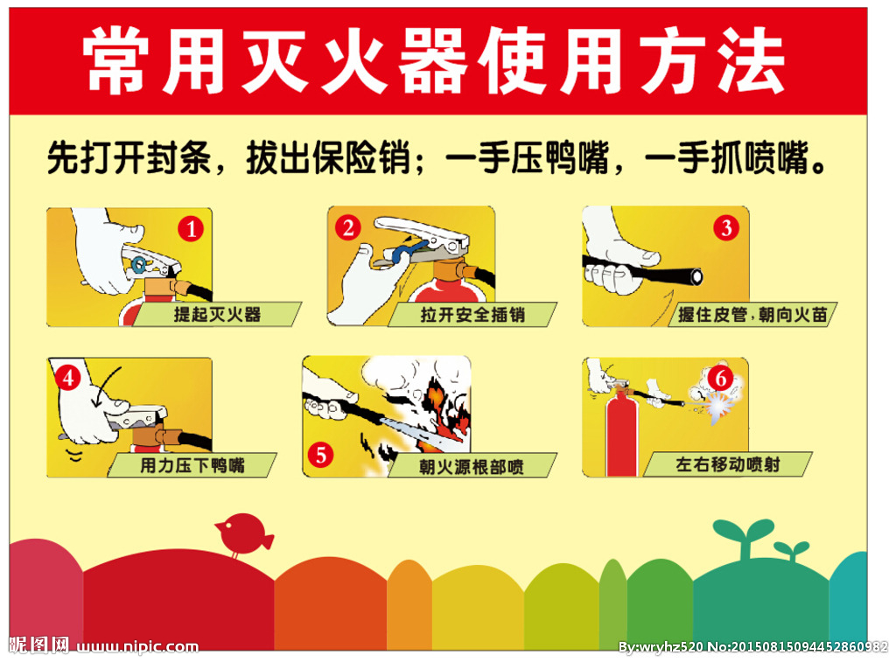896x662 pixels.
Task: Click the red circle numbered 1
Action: point(191,229)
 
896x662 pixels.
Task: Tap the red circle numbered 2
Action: point(348,228)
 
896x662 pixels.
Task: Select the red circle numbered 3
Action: point(726,228)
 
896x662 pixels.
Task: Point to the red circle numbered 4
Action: point(68,378)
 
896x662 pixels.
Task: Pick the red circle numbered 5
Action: point(320,455)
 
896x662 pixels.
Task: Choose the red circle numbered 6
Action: point(721,378)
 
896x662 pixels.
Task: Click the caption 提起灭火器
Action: point(217,314)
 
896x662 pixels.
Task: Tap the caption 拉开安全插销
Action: point(472,315)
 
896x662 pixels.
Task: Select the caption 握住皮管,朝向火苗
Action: point(752,315)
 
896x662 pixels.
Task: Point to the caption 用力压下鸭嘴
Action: point(192,465)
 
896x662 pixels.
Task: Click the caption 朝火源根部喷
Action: point(472,467)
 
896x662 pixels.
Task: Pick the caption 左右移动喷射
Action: point(727,464)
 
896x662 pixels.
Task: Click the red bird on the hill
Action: point(242,533)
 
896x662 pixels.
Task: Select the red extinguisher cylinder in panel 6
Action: point(621,431)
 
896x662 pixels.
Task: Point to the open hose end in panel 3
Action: point(696,277)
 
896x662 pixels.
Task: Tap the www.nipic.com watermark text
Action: point(137,646)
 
